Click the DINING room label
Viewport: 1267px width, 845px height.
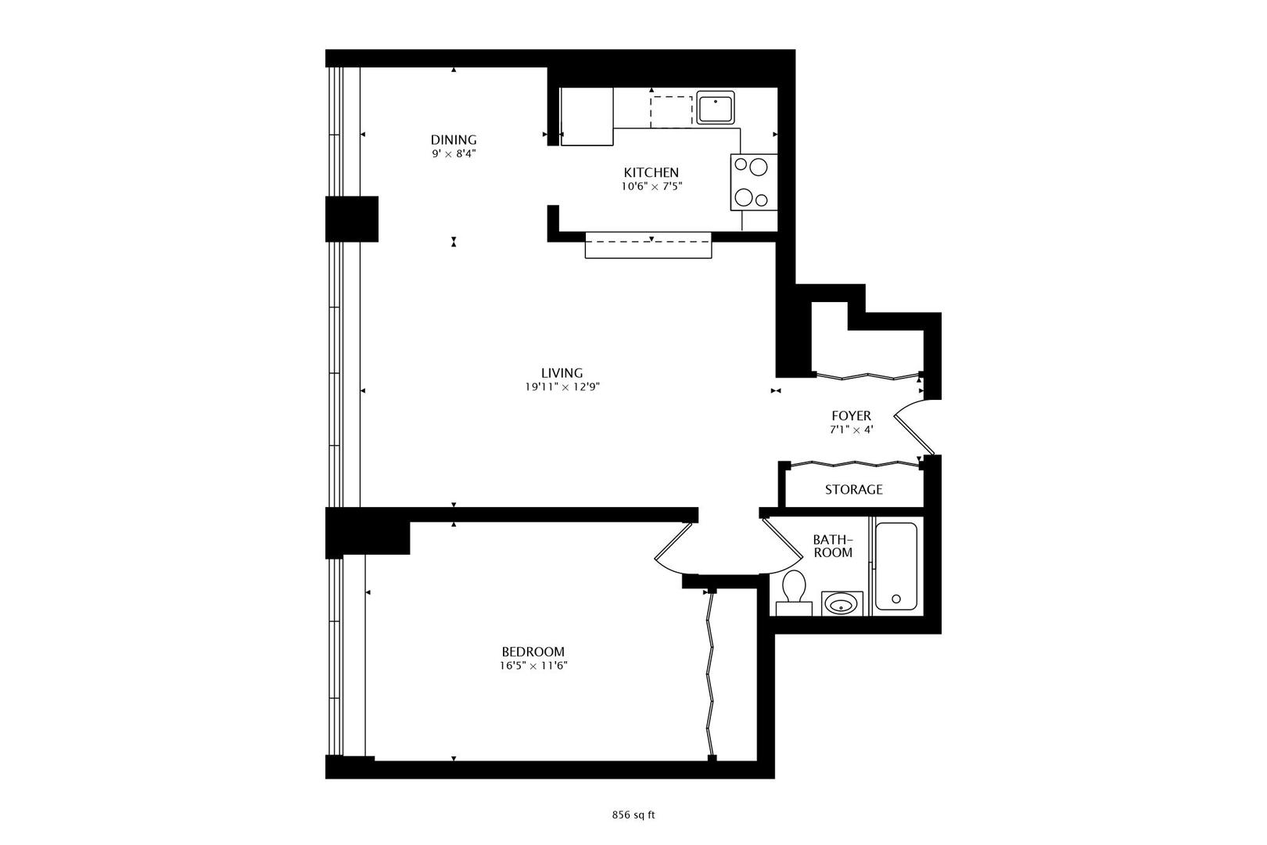(x=454, y=140)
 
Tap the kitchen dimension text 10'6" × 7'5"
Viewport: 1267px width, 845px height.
(x=651, y=186)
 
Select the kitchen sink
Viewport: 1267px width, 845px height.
(x=715, y=108)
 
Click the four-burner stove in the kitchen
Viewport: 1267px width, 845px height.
(x=754, y=182)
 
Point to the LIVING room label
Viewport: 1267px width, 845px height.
(x=562, y=373)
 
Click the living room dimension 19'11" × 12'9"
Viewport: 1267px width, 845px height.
(x=562, y=387)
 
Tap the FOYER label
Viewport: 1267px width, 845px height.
(x=851, y=416)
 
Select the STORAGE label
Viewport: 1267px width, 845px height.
(x=853, y=490)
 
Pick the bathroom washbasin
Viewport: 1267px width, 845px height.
(x=842, y=603)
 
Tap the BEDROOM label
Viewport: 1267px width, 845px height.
(x=533, y=652)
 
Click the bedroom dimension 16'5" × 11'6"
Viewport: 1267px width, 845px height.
(x=533, y=666)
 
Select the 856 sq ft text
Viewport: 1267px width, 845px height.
(x=633, y=814)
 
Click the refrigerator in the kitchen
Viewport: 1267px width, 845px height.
(x=587, y=117)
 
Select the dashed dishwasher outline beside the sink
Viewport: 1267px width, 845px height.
(x=671, y=111)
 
